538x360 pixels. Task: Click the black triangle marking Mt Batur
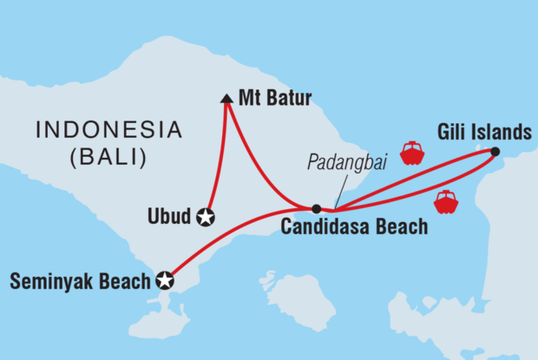click(x=226, y=100)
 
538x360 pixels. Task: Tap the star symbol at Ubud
click(x=207, y=217)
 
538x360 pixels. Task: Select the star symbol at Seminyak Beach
click(x=164, y=280)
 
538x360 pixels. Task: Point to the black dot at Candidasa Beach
click(x=316, y=208)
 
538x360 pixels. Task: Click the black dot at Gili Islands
click(x=494, y=152)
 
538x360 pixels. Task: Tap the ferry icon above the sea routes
click(x=411, y=154)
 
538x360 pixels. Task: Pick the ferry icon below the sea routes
click(x=446, y=202)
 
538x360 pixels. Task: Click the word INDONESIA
click(x=108, y=131)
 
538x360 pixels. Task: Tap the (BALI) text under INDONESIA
click(x=108, y=158)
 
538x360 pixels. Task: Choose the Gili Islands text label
click(x=484, y=133)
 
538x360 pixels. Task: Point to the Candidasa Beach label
click(x=354, y=228)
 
